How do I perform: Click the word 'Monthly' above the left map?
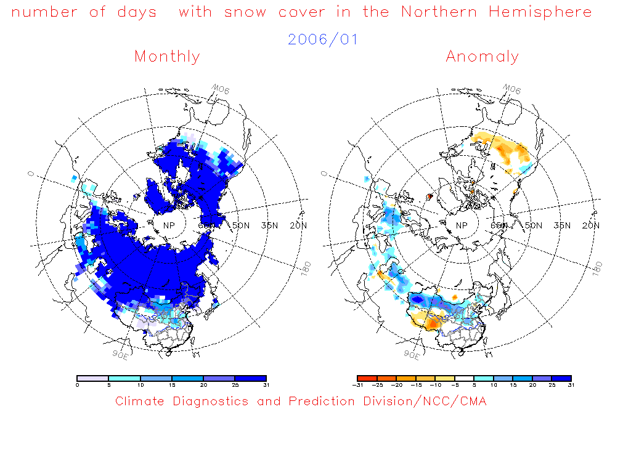pyautogui.click(x=167, y=57)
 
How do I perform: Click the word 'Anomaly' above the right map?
pyautogui.click(x=482, y=57)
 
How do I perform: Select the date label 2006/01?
pyautogui.click(x=323, y=39)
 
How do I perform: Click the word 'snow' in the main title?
pyautogui.click(x=245, y=12)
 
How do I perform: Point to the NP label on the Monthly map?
pyautogui.click(x=168, y=225)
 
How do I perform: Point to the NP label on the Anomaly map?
pyautogui.click(x=461, y=225)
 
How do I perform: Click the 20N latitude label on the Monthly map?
pyautogui.click(x=298, y=225)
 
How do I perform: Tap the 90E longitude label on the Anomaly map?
pyautogui.click(x=412, y=354)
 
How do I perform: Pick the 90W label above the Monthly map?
pyautogui.click(x=221, y=91)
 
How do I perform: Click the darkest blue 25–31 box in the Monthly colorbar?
pyautogui.click(x=250, y=378)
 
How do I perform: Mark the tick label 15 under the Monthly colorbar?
pyautogui.click(x=172, y=385)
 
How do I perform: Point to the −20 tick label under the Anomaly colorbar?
pyautogui.click(x=398, y=385)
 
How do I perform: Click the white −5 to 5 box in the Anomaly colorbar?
pyautogui.click(x=464, y=378)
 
